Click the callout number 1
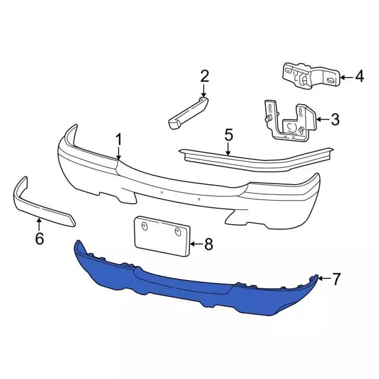coord(118,140)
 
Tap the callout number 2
coord(204,76)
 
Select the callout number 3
coord(335,120)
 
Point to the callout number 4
coord(359,76)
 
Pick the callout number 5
coord(229,135)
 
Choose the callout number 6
coord(40,239)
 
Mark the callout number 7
coord(336,279)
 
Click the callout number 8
coord(208,244)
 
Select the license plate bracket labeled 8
coord(162,236)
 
